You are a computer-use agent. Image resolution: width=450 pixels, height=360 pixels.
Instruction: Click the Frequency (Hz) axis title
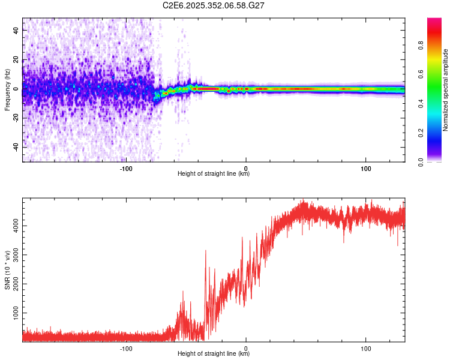[7, 90]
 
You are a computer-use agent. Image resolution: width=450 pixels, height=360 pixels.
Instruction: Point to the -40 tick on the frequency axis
[16, 147]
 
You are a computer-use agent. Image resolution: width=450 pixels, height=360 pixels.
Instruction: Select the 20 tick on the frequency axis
[17, 60]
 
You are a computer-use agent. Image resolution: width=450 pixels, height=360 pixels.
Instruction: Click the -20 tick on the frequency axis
[16, 118]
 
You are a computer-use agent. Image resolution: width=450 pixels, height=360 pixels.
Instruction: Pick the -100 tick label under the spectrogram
[125, 168]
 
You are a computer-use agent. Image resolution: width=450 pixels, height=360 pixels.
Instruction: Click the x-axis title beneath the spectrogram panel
[214, 174]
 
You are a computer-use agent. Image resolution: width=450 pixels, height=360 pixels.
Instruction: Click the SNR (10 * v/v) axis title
[7, 270]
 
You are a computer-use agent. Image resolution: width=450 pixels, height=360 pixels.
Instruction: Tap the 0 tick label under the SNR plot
[247, 348]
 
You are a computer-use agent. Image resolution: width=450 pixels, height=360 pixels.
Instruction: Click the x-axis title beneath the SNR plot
[214, 354]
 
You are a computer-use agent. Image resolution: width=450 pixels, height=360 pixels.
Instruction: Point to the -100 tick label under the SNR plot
[125, 348]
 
